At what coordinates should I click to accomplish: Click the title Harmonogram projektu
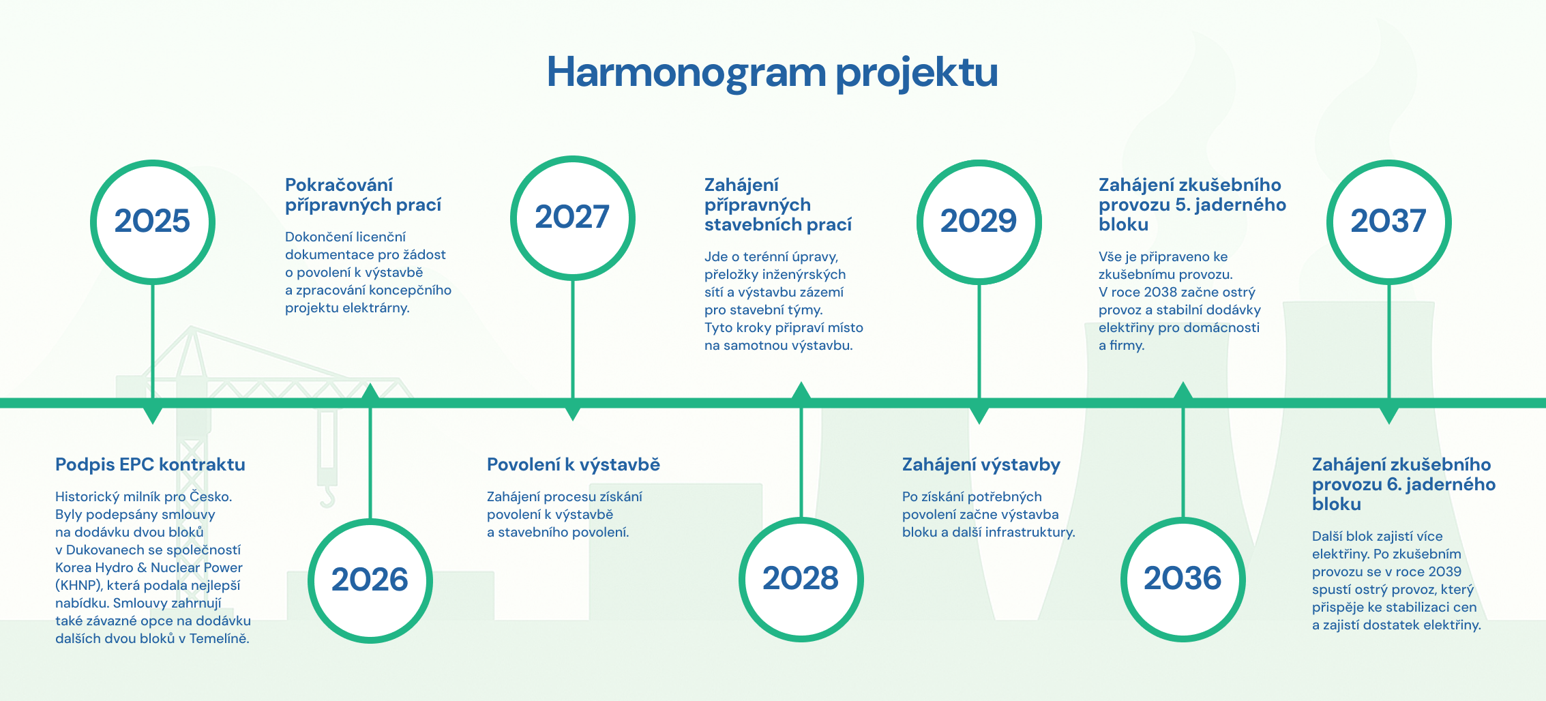(x=772, y=72)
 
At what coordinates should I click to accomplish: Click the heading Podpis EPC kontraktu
(x=150, y=464)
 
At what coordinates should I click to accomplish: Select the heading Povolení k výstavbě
(x=574, y=464)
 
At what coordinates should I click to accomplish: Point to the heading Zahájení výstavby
(x=981, y=465)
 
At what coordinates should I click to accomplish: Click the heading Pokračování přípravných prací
(x=363, y=195)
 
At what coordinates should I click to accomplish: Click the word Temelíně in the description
(x=220, y=639)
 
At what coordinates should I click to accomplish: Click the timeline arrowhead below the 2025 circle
(x=153, y=415)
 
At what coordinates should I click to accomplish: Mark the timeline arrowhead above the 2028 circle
(x=801, y=390)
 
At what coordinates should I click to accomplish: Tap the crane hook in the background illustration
(x=328, y=496)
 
